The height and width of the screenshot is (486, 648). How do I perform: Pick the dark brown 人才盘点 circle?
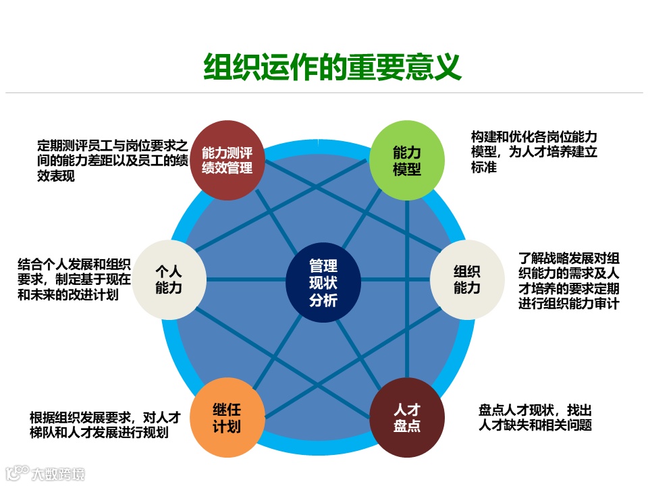[x=406, y=418]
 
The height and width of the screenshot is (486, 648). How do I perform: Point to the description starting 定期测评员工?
[x=111, y=161]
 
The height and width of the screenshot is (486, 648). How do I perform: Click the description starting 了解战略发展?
[x=568, y=281]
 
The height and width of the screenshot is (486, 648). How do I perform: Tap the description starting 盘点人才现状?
[x=535, y=417]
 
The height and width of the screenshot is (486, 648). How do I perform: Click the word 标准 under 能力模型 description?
[x=484, y=167]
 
